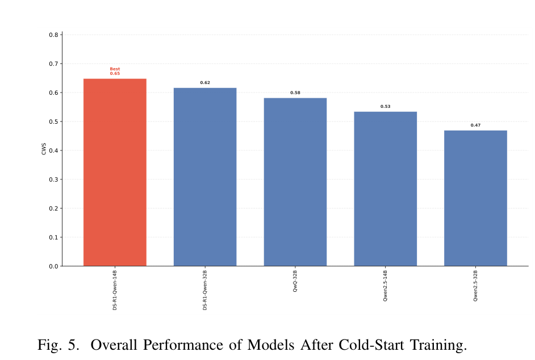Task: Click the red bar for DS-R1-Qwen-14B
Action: pyautogui.click(x=115, y=172)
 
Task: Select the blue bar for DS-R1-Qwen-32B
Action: pyautogui.click(x=205, y=177)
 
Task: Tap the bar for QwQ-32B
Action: pyautogui.click(x=295, y=182)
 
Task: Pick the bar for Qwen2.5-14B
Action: pyautogui.click(x=385, y=189)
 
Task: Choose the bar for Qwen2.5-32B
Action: pyautogui.click(x=475, y=198)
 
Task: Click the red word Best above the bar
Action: pyautogui.click(x=115, y=69)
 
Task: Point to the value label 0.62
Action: pyautogui.click(x=205, y=82)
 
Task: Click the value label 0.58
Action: pyautogui.click(x=295, y=93)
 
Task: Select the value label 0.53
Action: pyautogui.click(x=385, y=106)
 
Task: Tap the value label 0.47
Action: pyautogui.click(x=475, y=125)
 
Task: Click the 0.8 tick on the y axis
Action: pyautogui.click(x=53, y=35)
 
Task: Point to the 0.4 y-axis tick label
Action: pyautogui.click(x=53, y=150)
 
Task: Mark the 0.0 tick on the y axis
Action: pyautogui.click(x=53, y=266)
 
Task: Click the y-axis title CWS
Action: pyautogui.click(x=44, y=149)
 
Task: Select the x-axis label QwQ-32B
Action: pyautogui.click(x=295, y=281)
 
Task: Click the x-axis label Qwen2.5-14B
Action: pyautogui.click(x=385, y=286)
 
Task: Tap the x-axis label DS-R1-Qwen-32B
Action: pyautogui.click(x=205, y=290)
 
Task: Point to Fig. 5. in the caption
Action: pyautogui.click(x=58, y=345)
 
